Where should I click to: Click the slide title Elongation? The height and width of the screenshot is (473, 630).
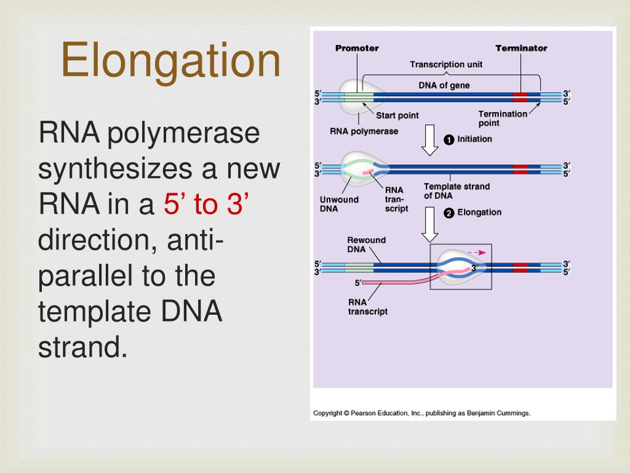point(170,60)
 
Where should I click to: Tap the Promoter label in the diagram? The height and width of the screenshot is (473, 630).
point(357,48)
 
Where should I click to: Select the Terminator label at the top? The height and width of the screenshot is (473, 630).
point(521,48)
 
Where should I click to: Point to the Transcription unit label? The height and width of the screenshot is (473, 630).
point(446,64)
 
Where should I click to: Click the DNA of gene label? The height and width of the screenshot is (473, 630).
point(444,86)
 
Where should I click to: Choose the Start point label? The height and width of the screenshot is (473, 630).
point(397,115)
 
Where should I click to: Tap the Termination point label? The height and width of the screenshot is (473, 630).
point(503,118)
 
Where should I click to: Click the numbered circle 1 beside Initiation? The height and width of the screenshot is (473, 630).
point(449,140)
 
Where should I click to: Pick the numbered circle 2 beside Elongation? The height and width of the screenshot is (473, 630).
point(449,213)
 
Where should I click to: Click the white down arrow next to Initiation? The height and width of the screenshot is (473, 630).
point(430,140)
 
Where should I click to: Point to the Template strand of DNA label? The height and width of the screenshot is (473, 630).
point(457,191)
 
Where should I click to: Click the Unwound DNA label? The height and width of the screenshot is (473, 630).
point(339,204)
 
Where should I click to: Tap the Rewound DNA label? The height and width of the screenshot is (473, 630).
point(366,245)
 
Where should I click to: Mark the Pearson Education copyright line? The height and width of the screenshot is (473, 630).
point(421,413)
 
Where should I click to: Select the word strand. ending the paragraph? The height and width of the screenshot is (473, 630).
point(82,347)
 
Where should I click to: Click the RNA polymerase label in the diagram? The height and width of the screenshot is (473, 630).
point(364,131)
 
